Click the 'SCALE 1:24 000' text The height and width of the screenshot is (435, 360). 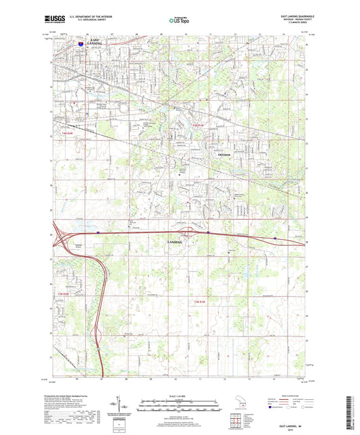pyautogui.click(x=180, y=396)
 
